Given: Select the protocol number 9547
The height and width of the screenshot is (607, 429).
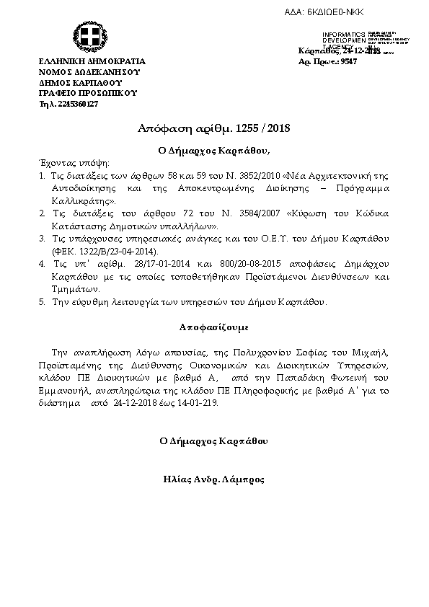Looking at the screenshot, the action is coord(349,62).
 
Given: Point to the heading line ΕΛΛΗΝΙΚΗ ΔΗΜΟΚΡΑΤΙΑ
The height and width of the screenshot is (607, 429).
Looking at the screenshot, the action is coord(92,62).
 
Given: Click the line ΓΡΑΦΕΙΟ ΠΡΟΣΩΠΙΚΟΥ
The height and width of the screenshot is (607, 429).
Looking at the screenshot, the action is coord(87,93).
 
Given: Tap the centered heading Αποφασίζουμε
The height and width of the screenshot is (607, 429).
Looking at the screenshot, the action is coord(213,327).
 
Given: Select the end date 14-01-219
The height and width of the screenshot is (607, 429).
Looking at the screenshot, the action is coord(196,404).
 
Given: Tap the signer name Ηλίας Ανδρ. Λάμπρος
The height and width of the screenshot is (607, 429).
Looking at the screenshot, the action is coord(213,479).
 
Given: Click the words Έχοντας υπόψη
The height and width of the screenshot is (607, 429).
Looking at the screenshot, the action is coord(65,164).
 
